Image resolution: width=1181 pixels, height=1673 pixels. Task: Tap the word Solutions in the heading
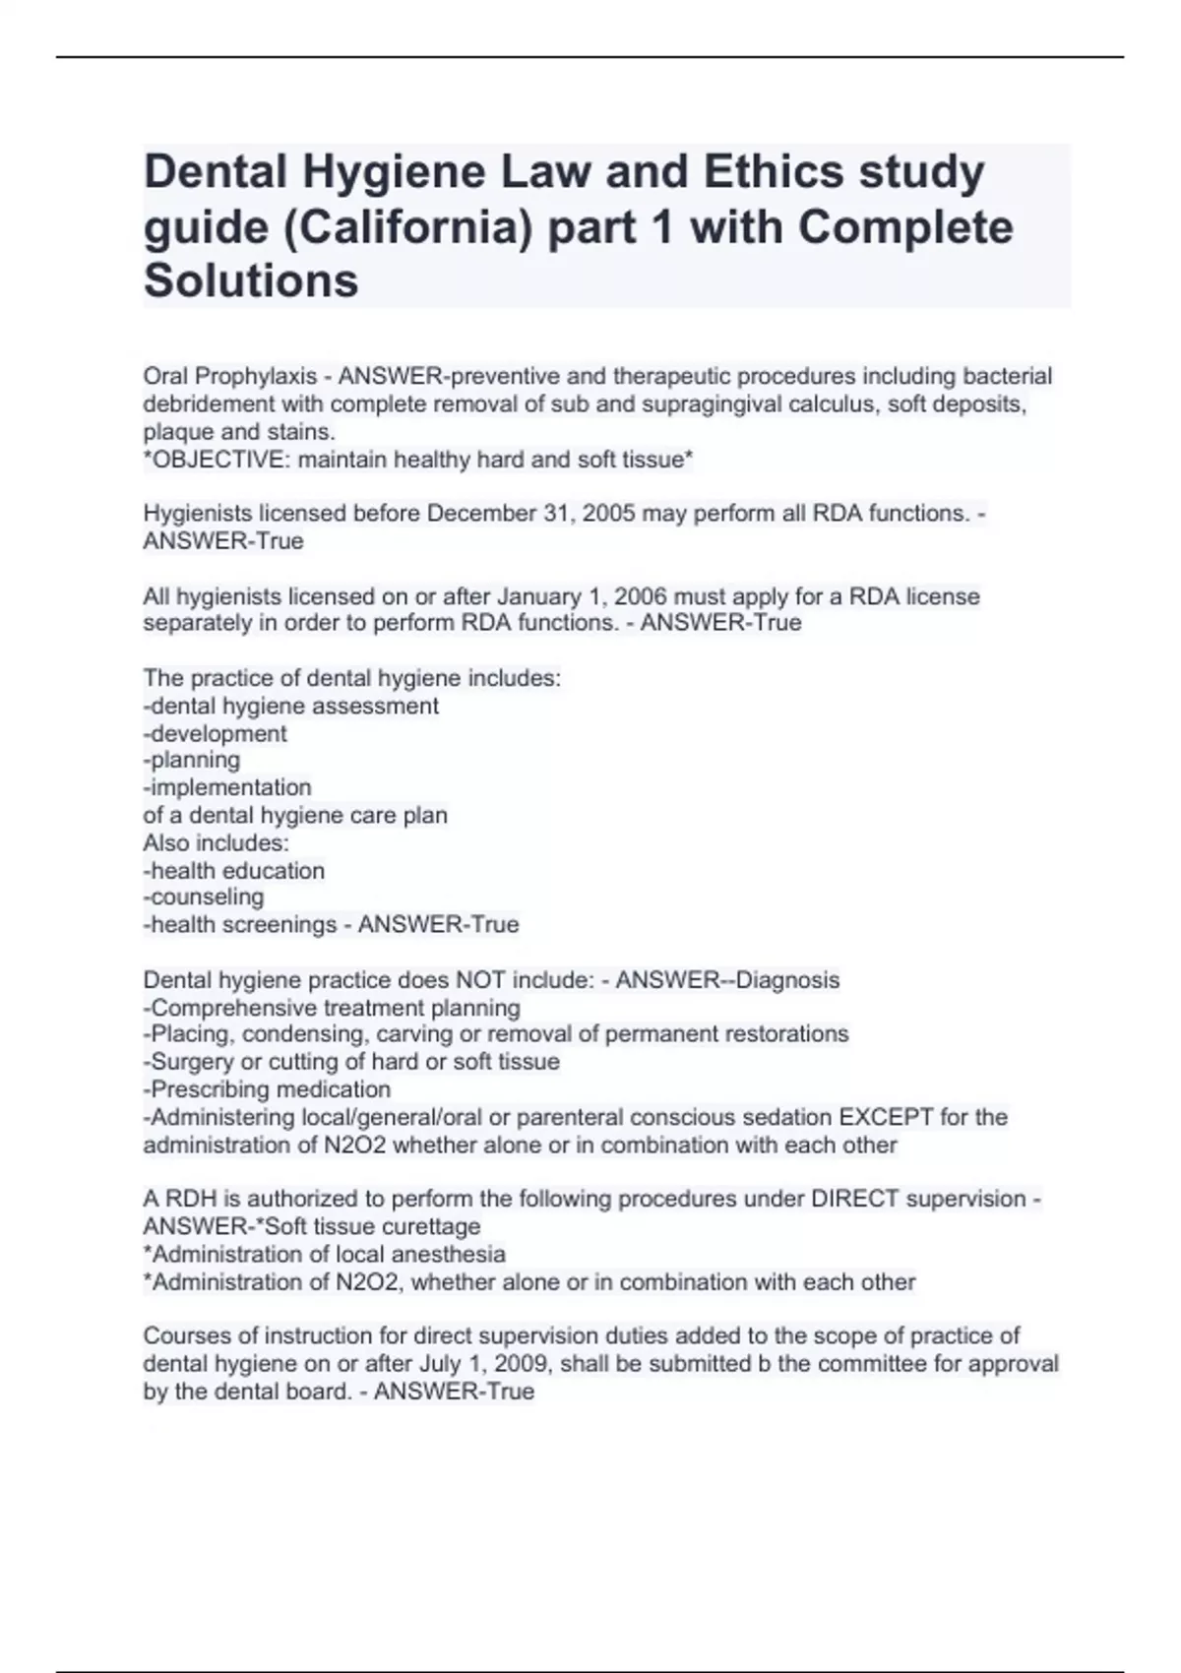[x=251, y=280]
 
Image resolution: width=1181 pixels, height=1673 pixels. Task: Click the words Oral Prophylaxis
[x=230, y=377]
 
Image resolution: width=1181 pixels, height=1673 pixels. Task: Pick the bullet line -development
[x=216, y=733]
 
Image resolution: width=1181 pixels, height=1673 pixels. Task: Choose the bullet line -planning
[x=192, y=760]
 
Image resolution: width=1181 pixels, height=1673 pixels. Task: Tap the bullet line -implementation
[x=227, y=787]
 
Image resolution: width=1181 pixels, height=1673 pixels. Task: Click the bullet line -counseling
[x=204, y=897]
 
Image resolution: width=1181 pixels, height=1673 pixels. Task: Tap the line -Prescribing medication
[x=268, y=1089]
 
